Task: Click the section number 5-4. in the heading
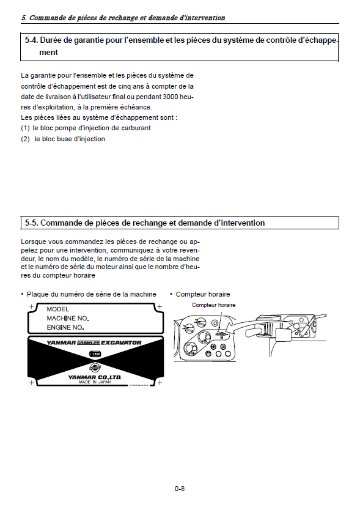click(x=32, y=40)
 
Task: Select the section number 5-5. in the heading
click(x=32, y=223)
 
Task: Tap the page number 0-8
click(x=180, y=489)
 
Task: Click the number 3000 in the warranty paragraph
click(x=170, y=97)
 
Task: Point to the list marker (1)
click(x=25, y=128)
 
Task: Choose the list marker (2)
click(x=25, y=139)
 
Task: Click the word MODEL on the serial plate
click(x=58, y=309)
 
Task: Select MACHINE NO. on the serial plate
click(x=68, y=319)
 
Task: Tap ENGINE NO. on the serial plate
click(x=65, y=328)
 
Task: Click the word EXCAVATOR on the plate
click(x=121, y=343)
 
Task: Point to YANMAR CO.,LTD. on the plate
click(x=95, y=377)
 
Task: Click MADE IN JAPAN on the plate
click(x=95, y=382)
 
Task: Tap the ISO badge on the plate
click(x=95, y=354)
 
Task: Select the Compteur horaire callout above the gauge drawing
click(x=213, y=305)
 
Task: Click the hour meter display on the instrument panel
click(x=221, y=334)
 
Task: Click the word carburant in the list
click(x=136, y=128)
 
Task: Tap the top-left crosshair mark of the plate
click(x=32, y=306)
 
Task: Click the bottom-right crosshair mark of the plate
click(x=160, y=383)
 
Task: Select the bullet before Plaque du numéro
click(x=23, y=294)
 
